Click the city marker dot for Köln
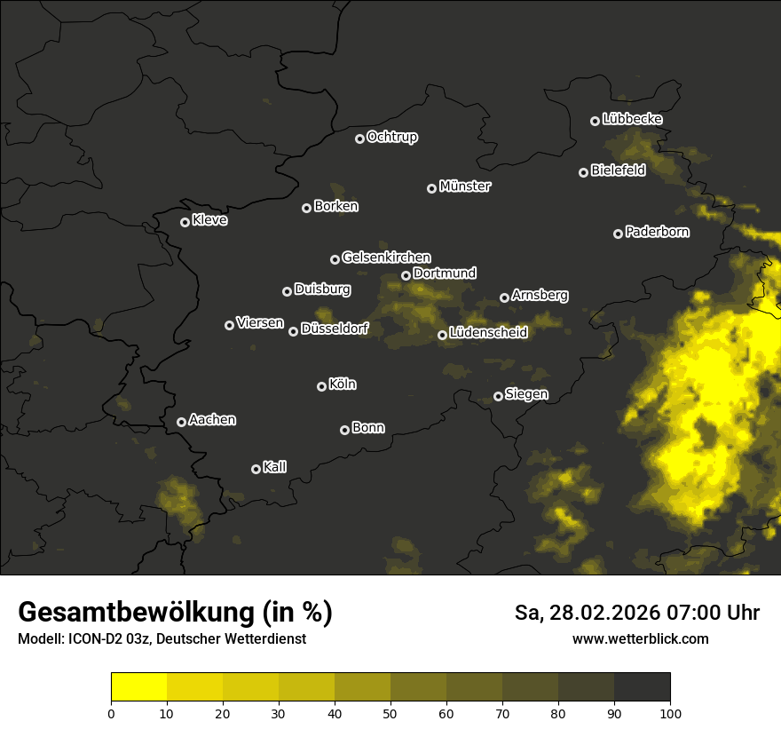pyautogui.click(x=321, y=386)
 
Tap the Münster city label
pyautogui.click(x=464, y=186)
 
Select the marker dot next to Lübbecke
pyautogui.click(x=595, y=121)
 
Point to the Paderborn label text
pyautogui.click(x=657, y=232)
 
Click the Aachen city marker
pyautogui.click(x=181, y=422)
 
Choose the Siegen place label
pyautogui.click(x=526, y=394)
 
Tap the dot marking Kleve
pyautogui.click(x=185, y=222)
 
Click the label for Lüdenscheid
pyautogui.click(x=488, y=333)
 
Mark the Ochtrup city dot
pyautogui.click(x=359, y=139)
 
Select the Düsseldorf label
pyautogui.click(x=335, y=329)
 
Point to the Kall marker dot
pyautogui.click(x=256, y=469)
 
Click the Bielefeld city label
pyautogui.click(x=618, y=170)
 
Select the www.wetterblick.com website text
pyautogui.click(x=640, y=638)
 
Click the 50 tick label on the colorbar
pyautogui.click(x=390, y=713)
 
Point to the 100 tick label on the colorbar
pyautogui.click(x=669, y=713)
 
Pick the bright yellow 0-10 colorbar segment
pyautogui.click(x=139, y=687)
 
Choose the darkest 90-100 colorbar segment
pyautogui.click(x=642, y=687)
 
